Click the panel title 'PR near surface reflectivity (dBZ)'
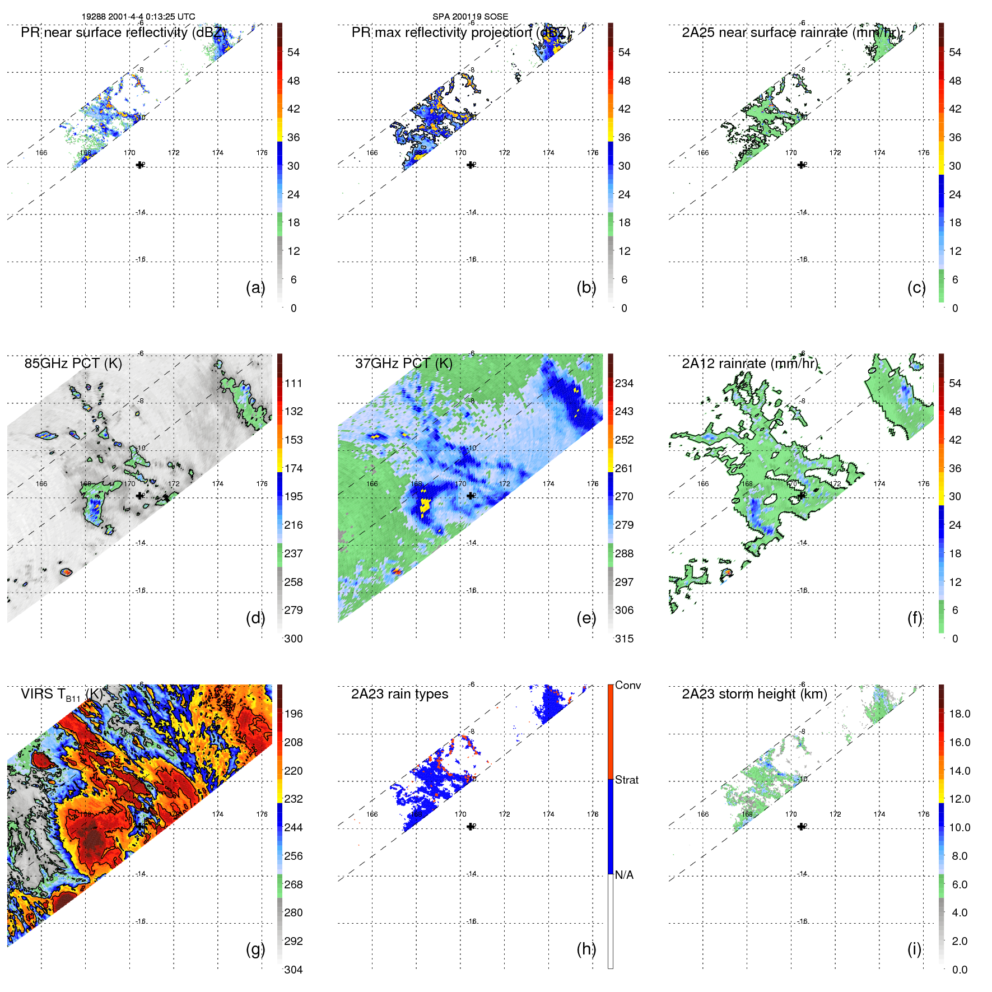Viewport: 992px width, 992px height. tap(123, 32)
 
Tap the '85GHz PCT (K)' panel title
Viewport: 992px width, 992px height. tap(73, 364)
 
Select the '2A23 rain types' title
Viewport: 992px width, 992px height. tap(399, 694)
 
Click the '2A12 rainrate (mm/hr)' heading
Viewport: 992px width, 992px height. tap(749, 364)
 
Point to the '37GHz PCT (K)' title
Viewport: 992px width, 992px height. tap(403, 364)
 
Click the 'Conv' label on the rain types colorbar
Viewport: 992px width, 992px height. tap(627, 685)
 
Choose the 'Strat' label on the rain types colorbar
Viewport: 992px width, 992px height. tap(626, 780)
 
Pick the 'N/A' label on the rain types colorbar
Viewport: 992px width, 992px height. tap(624, 875)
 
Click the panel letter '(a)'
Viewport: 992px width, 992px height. tap(255, 287)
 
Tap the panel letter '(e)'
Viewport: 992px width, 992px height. tap(586, 618)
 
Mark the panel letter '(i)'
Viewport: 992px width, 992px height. tap(914, 949)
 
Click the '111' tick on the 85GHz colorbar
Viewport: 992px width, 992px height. tap(294, 383)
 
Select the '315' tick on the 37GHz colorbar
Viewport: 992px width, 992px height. tap(624, 639)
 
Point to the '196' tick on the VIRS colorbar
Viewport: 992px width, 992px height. tap(294, 714)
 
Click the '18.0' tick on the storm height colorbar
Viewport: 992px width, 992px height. tap(959, 714)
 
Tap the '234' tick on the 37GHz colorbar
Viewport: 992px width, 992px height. tap(624, 383)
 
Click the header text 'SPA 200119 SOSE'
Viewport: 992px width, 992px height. tap(470, 17)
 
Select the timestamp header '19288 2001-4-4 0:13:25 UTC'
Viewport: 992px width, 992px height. tap(138, 17)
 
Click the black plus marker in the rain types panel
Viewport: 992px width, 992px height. tap(471, 826)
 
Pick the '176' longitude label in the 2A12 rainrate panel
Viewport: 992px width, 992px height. tap(923, 483)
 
